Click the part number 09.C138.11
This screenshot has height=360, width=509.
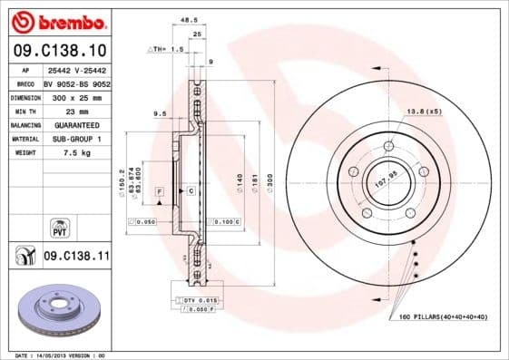click(76, 257)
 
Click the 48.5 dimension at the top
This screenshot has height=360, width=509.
click(189, 18)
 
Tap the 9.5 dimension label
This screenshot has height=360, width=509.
click(161, 113)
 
